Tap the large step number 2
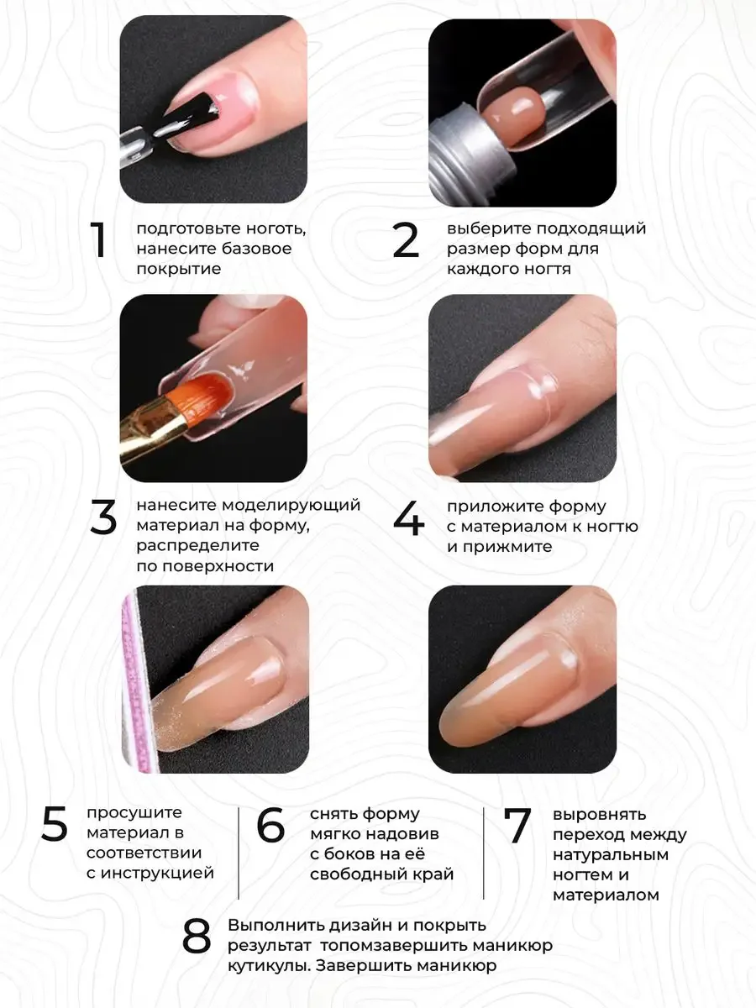coord(406,240)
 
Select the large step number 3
coord(103,517)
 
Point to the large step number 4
coord(408,518)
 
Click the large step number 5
coord(55,824)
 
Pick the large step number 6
coord(270,824)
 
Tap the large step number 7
coord(517,825)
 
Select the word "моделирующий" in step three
coord(291,506)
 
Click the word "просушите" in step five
coord(134,813)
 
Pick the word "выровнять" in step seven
coord(600,815)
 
